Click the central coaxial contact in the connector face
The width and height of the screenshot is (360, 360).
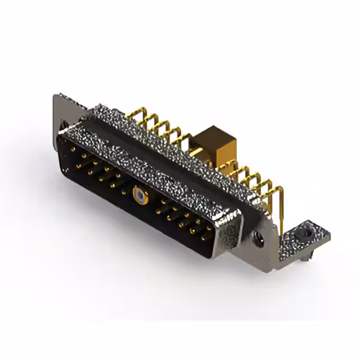point(138,195)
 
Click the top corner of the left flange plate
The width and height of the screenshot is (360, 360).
point(56,96)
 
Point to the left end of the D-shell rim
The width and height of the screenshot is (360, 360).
point(61,135)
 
